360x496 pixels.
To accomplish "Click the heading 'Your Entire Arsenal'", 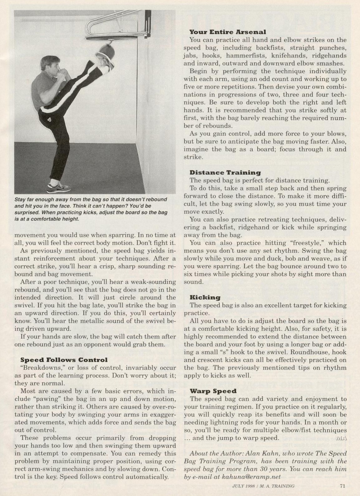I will (x=228, y=32).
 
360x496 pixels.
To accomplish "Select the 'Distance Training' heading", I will (x=225, y=172).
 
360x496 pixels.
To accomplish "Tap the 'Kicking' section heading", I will (x=205, y=297).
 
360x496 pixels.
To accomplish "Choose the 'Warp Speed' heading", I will (x=213, y=391).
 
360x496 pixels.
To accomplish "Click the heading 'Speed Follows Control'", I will (x=64, y=360).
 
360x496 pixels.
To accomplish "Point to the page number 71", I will (x=342, y=485).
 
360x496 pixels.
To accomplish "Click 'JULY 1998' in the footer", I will (x=244, y=486).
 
